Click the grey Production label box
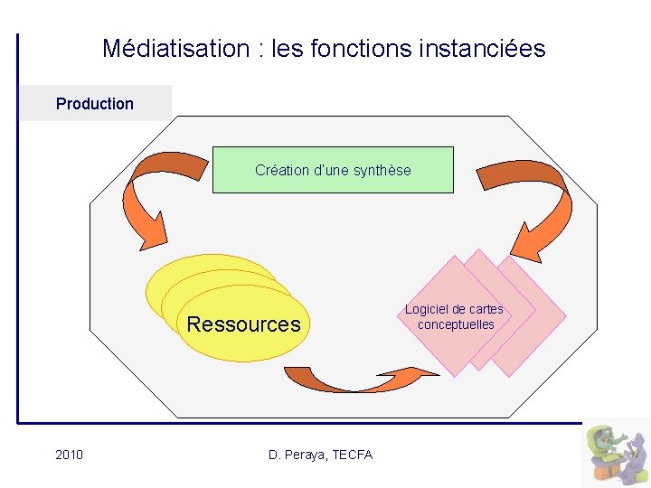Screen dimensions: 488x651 click(95, 104)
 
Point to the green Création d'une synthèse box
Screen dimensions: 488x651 click(333, 170)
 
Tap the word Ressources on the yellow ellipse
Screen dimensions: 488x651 click(243, 324)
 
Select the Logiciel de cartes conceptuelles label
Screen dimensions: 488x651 click(455, 316)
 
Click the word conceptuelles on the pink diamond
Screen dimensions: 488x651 click(456, 324)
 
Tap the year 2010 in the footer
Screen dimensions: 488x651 click(69, 455)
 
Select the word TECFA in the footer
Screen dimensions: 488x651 click(353, 455)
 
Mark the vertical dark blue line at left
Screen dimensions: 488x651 click(17, 226)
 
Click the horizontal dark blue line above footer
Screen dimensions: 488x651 click(298, 422)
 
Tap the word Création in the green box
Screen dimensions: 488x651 click(281, 170)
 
